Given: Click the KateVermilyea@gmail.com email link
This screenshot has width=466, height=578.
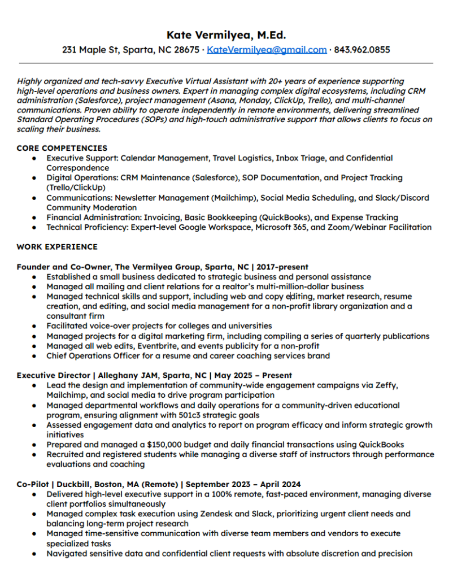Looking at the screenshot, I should point(267,50).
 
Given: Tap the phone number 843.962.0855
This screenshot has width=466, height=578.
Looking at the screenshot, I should point(362,50).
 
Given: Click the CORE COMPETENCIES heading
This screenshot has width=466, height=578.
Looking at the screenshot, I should point(62,148).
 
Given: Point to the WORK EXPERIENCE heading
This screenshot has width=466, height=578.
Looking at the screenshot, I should point(57,247).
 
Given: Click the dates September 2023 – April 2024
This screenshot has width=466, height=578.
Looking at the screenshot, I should point(243,484).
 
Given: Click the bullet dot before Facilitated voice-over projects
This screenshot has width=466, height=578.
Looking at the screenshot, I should point(35,326).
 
